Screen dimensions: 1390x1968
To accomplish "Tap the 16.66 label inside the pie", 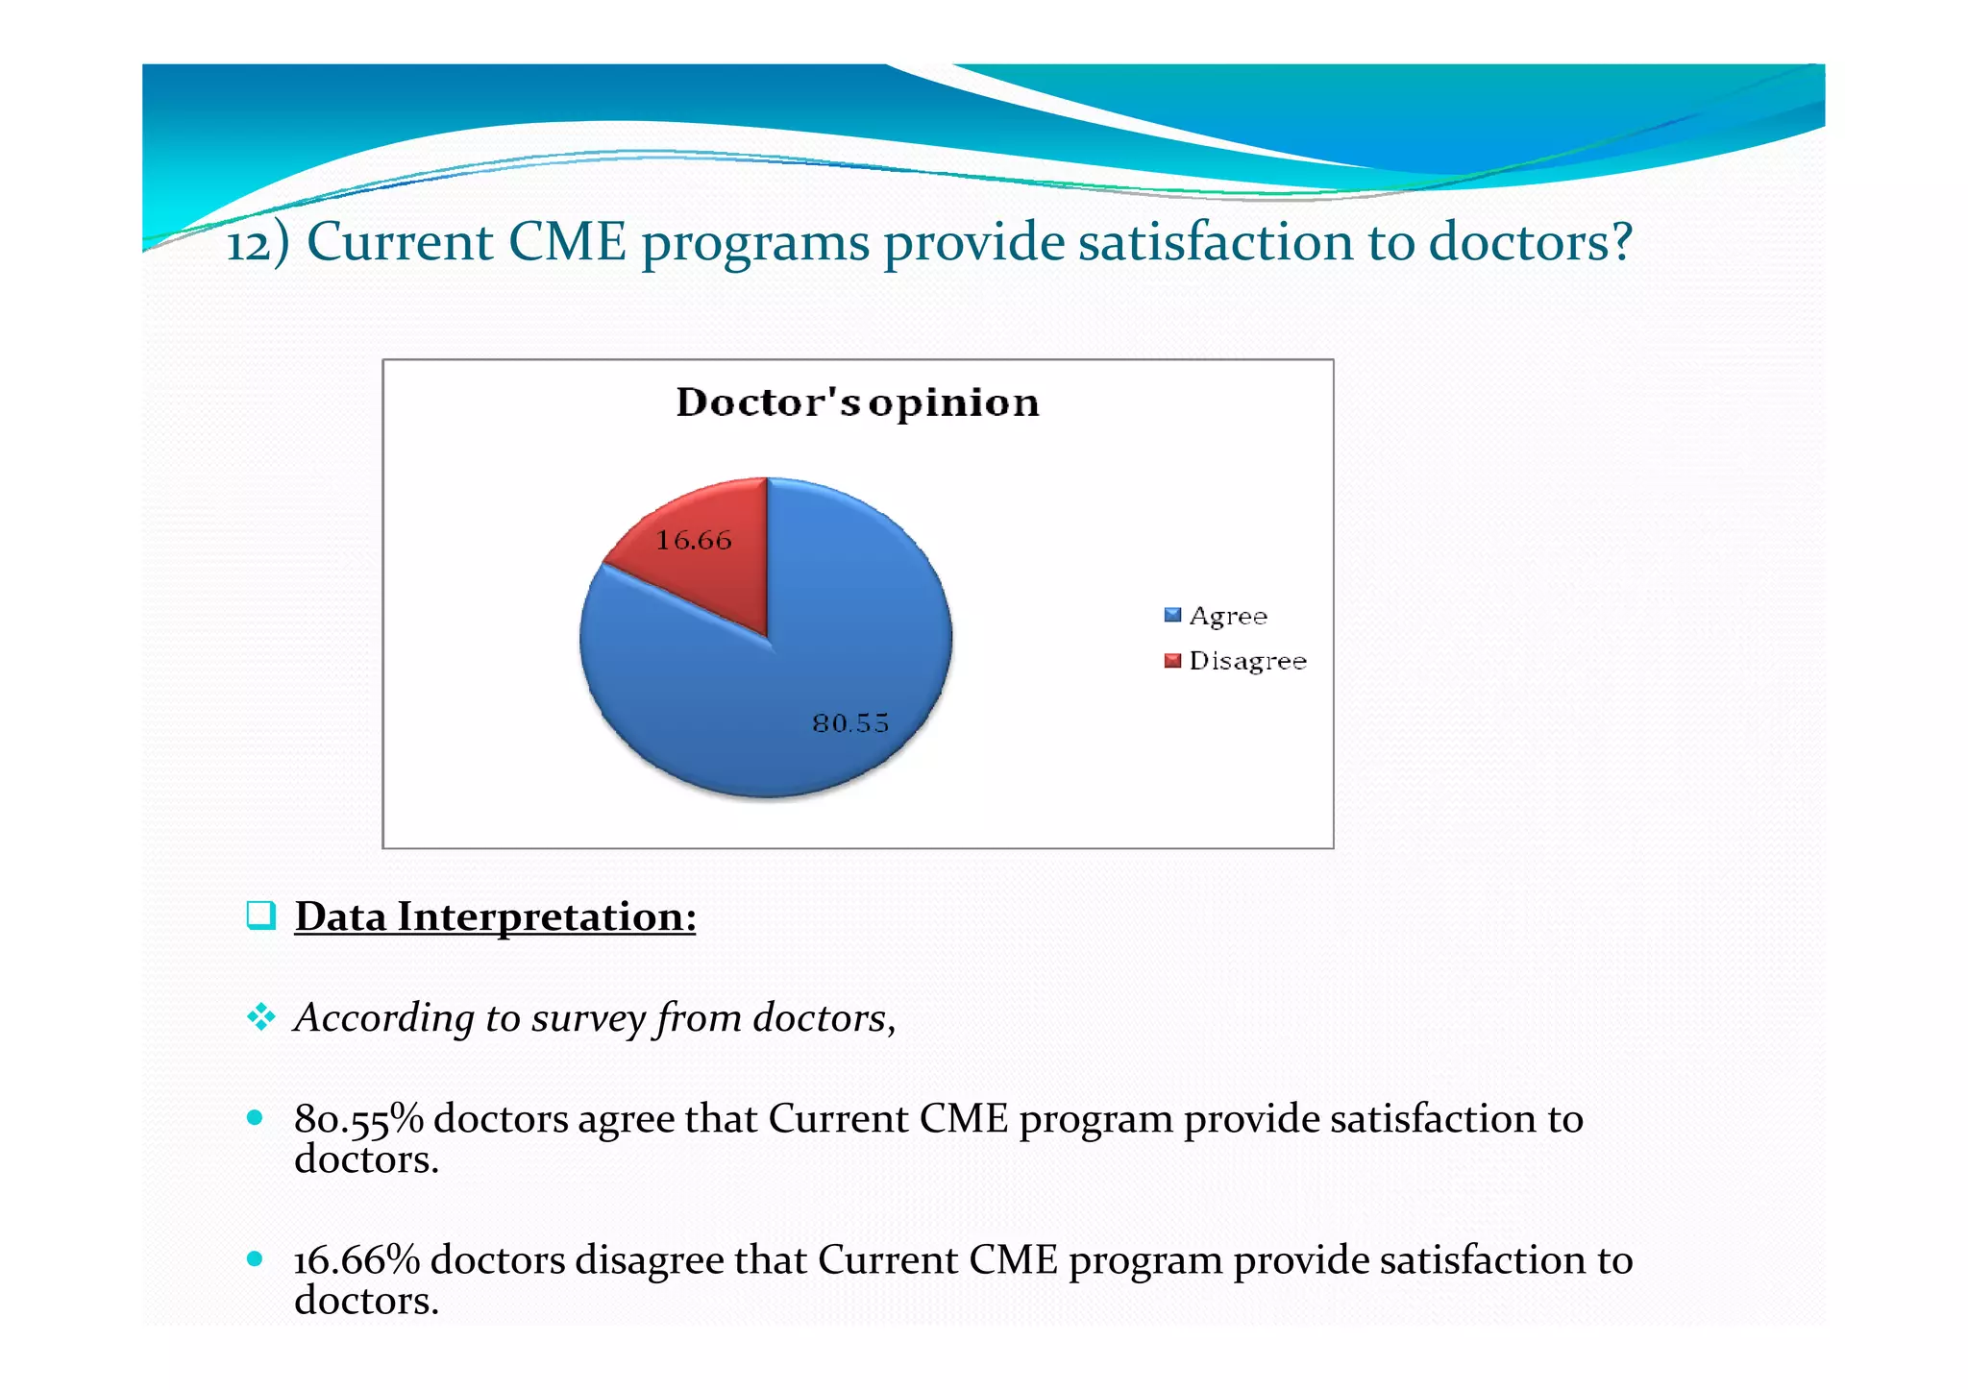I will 694,541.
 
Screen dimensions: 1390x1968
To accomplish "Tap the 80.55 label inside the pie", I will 850,723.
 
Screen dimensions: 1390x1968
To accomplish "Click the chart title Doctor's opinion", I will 857,402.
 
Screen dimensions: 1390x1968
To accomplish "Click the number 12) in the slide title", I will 257,243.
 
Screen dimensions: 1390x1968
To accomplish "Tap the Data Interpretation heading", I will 495,916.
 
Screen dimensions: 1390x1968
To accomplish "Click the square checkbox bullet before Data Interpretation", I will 260,915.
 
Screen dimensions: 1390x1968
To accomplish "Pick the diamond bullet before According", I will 260,1016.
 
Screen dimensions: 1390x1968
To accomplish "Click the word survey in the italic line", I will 588,1018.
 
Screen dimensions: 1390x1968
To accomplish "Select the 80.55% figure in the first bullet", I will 358,1120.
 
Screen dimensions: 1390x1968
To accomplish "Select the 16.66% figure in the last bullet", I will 357,1260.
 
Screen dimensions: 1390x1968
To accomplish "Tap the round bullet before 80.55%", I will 255,1117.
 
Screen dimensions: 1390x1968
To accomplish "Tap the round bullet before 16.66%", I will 255,1258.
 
